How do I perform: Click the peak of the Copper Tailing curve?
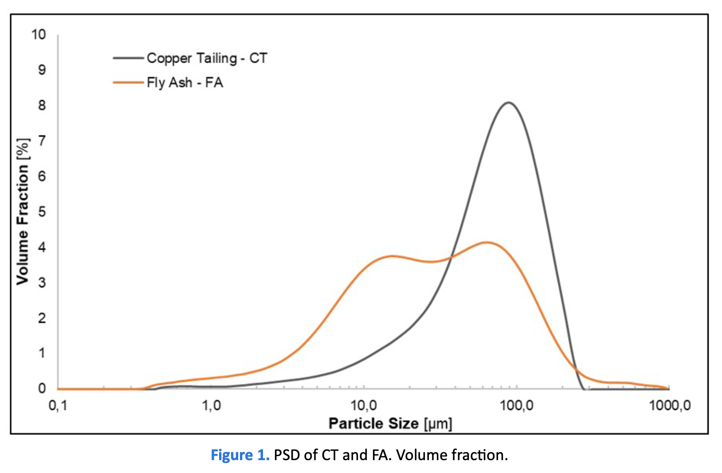(508, 103)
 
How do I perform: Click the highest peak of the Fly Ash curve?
(487, 242)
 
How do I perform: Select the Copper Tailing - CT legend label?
(207, 58)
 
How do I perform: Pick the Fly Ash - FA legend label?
(184, 83)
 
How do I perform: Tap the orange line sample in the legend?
(128, 83)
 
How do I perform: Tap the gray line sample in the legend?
(128, 58)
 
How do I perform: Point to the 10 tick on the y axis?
(39, 34)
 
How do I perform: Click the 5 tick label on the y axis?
(42, 212)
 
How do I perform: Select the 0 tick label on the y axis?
(42, 389)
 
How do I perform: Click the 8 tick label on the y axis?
(42, 105)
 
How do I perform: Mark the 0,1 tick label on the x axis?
(58, 406)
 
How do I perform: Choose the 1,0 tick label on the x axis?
(211, 406)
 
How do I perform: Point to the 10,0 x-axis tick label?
(364, 406)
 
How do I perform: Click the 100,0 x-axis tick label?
(516, 406)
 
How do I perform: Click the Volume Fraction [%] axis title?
(23, 212)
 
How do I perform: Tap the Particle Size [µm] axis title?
(390, 424)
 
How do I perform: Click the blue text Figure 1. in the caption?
(240, 455)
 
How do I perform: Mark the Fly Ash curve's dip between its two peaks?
(432, 262)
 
